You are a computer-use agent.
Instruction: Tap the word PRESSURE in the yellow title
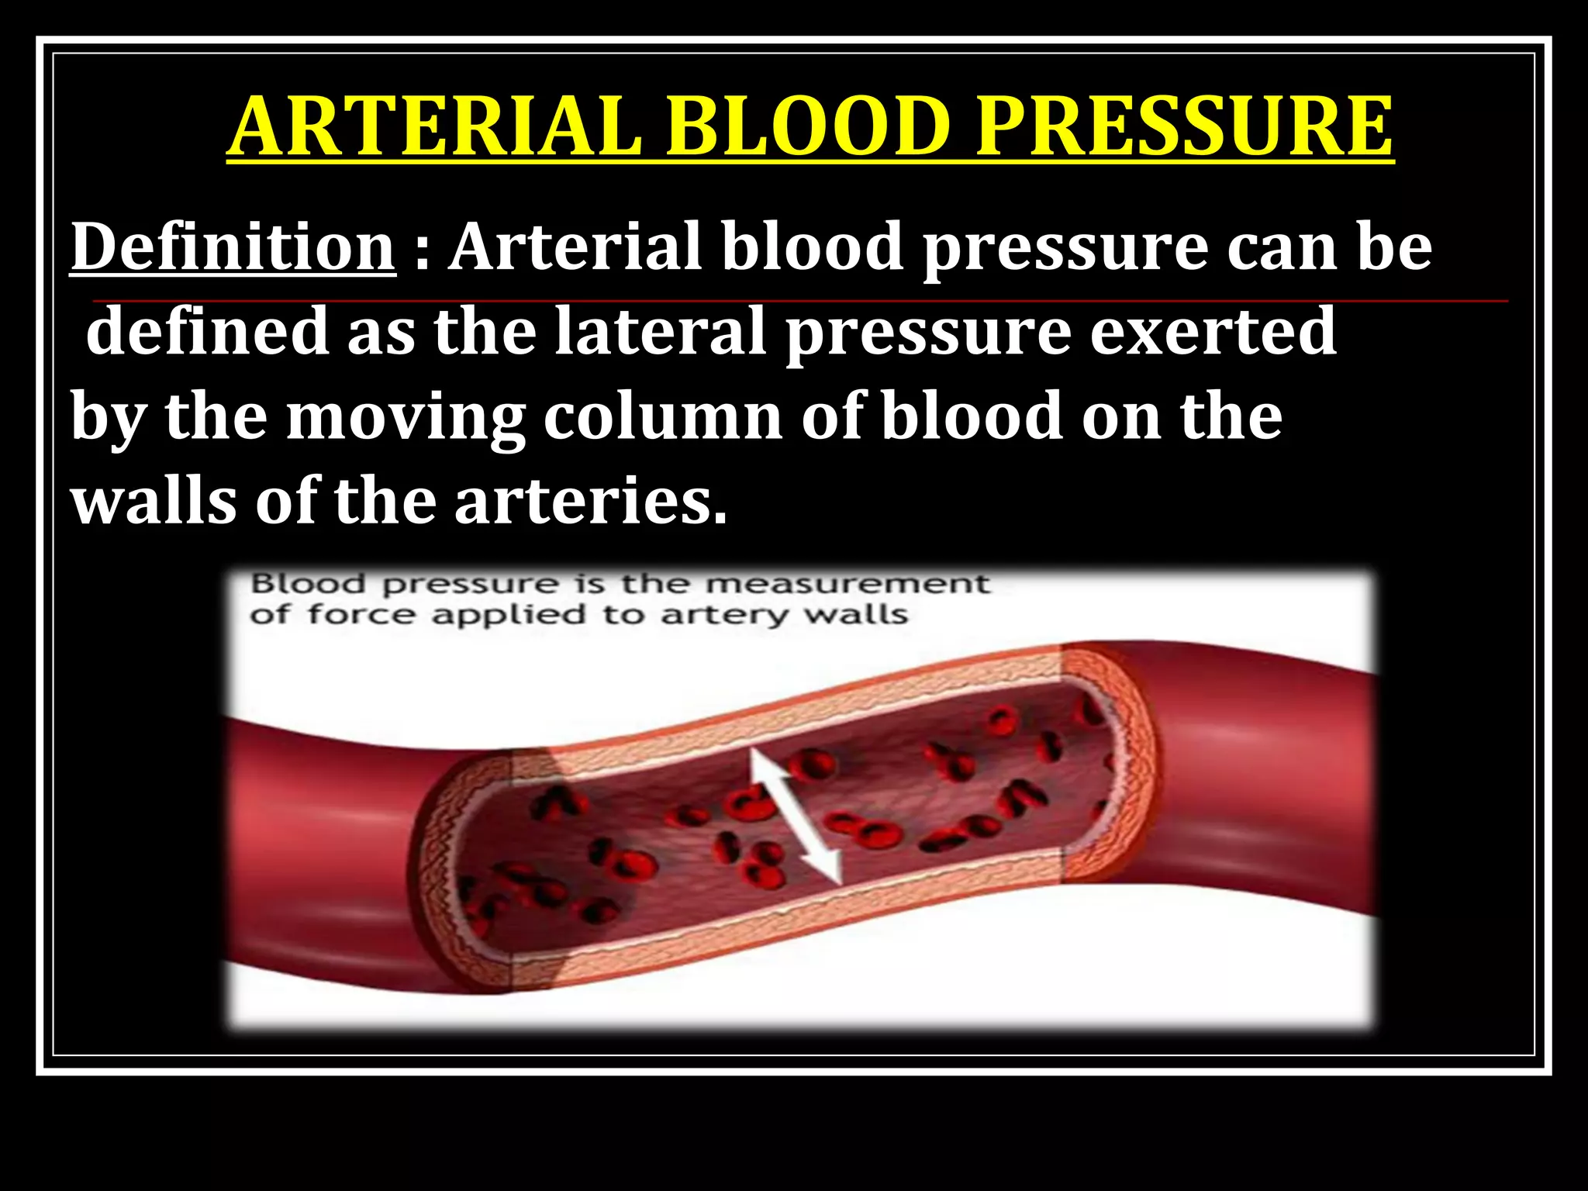point(1185,126)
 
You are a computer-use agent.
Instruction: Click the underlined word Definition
point(233,247)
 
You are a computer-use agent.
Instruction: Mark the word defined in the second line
point(208,331)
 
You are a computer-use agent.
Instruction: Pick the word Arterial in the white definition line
point(577,247)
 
